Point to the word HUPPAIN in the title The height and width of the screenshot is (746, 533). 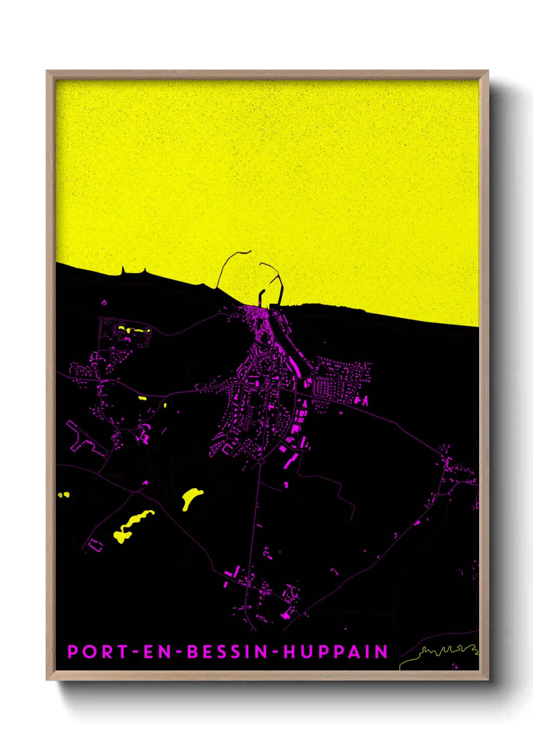click(x=336, y=652)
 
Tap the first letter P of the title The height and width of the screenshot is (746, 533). click(x=73, y=652)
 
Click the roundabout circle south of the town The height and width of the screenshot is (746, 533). click(x=261, y=461)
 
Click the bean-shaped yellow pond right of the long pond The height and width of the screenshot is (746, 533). click(x=191, y=497)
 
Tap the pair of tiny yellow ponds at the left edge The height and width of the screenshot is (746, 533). click(x=63, y=494)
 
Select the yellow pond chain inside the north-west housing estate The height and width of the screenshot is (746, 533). click(x=134, y=330)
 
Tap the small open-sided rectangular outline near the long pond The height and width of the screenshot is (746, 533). click(x=95, y=544)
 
